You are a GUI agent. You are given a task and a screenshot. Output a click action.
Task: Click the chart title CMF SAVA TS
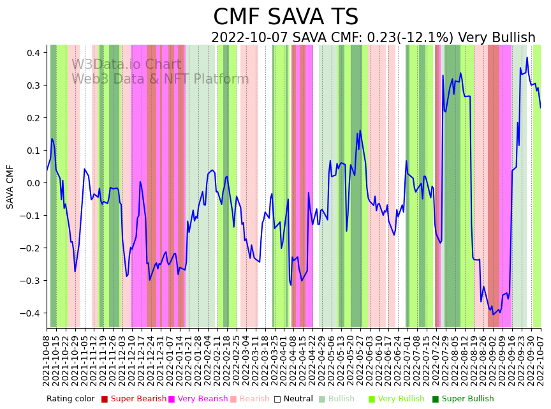(286, 17)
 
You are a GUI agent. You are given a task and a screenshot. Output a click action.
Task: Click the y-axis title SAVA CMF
(10, 186)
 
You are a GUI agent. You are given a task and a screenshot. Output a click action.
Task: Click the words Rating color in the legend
(70, 399)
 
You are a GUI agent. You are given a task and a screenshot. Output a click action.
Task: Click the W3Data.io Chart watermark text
(126, 64)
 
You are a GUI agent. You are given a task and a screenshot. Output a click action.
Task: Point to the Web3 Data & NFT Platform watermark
(160, 79)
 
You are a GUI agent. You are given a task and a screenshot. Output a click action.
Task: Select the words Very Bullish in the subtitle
(497, 38)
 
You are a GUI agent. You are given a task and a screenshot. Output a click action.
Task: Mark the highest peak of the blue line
(527, 57)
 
